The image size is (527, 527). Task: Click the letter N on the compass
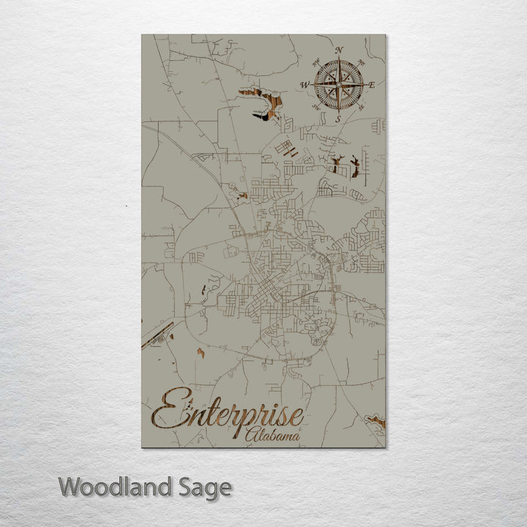click(339, 51)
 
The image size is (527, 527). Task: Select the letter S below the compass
click(338, 119)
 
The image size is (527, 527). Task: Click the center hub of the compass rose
click(338, 85)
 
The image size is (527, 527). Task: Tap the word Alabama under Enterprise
click(273, 436)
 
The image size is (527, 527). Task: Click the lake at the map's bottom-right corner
click(376, 422)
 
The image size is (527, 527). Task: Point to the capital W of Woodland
click(71, 486)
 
